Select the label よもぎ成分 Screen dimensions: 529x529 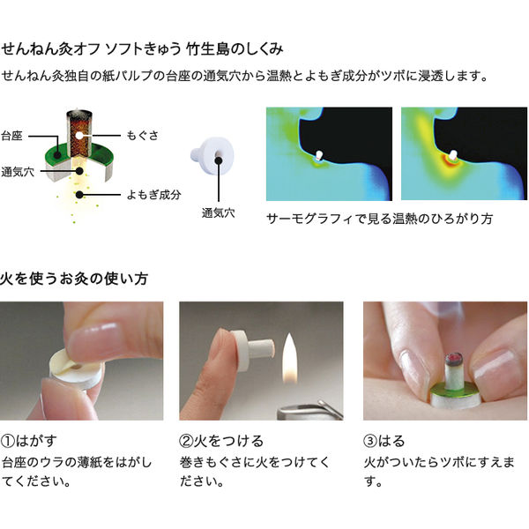[151, 195]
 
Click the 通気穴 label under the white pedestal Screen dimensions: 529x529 [217, 212]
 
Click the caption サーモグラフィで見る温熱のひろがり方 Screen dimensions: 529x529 [379, 217]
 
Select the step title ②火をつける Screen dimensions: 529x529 [220, 440]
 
